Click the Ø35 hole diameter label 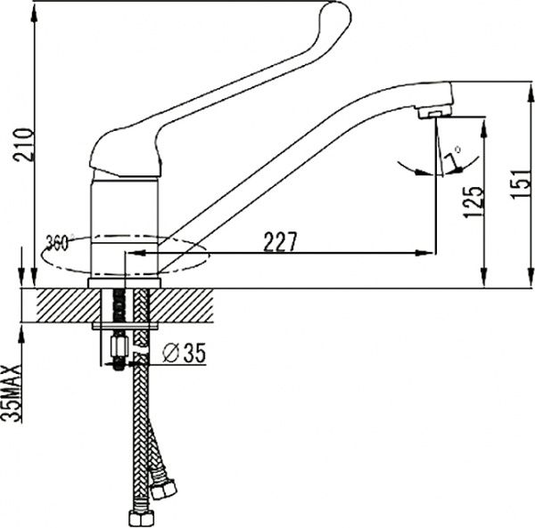tap(185, 354)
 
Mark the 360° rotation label tap(59, 240)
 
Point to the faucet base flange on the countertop tap(126, 283)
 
